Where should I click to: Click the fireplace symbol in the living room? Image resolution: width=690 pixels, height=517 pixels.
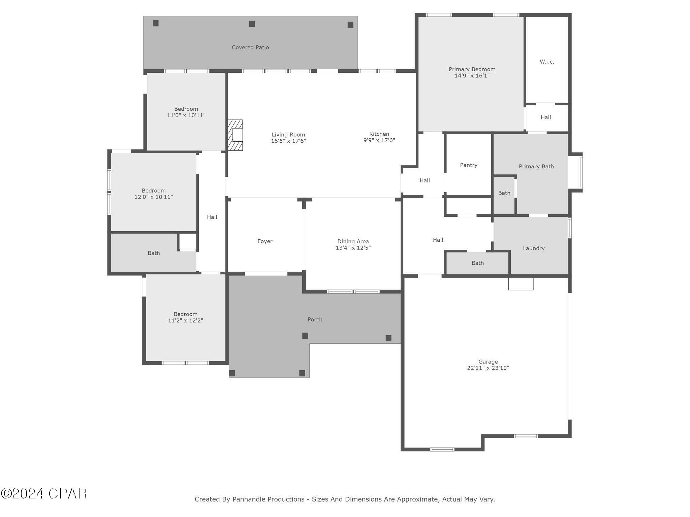click(236, 135)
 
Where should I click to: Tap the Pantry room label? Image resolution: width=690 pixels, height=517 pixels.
click(468, 165)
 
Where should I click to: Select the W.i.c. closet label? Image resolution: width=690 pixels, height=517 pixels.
click(546, 62)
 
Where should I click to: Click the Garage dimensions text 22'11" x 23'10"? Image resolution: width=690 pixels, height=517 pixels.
click(488, 368)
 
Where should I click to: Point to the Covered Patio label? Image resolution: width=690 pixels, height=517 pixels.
click(250, 47)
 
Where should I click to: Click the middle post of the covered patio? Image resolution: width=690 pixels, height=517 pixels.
click(252, 24)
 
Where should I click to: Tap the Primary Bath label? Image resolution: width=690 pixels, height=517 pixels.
click(536, 166)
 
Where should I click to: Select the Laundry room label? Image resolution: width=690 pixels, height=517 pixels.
click(533, 248)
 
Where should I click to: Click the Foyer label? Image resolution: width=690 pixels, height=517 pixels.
click(264, 241)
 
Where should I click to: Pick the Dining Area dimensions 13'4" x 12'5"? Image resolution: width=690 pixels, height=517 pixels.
click(353, 248)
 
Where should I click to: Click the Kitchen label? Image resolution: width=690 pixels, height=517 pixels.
click(379, 134)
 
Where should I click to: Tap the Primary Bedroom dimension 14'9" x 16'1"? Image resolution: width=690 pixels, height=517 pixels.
click(472, 76)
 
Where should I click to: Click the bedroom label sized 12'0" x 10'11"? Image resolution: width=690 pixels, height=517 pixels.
click(153, 191)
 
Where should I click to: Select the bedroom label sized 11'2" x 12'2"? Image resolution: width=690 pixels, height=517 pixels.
click(185, 314)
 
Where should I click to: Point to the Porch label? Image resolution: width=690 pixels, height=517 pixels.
click(315, 319)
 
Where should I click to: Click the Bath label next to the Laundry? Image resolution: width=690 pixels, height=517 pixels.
click(477, 263)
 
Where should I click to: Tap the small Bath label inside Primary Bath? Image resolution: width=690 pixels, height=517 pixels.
click(504, 193)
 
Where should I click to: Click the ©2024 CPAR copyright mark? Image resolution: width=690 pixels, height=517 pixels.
click(44, 494)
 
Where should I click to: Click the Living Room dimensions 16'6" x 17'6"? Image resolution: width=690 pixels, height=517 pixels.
click(288, 141)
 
